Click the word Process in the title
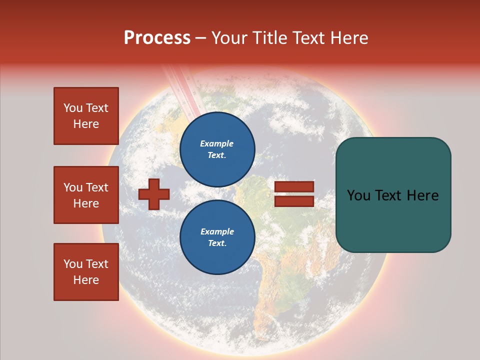tap(157, 38)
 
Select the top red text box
tap(86, 116)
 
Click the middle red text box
tap(86, 195)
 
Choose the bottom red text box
tap(86, 272)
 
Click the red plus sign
tap(154, 194)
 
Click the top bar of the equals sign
tap(294, 187)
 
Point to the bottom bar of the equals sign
tap(294, 201)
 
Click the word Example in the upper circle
tap(217, 143)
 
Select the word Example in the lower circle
tap(217, 231)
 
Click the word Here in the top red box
tap(86, 124)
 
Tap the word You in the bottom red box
tap(72, 264)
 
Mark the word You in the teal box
tap(358, 195)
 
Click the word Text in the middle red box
tap(96, 187)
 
